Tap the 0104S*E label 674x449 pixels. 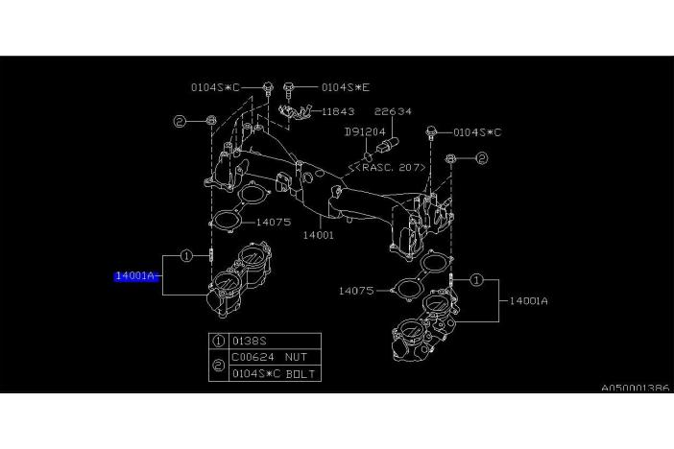coord(344,87)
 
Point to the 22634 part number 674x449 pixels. coord(393,111)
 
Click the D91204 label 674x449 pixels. coord(365,131)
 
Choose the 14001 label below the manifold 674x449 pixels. coord(318,234)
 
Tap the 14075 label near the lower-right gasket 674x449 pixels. coord(356,289)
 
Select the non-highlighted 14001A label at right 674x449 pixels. coord(528,300)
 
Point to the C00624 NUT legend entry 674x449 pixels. coord(265,356)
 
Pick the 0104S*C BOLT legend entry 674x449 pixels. coord(273,372)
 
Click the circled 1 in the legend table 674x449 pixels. coord(219,340)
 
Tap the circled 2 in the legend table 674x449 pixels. coord(219,364)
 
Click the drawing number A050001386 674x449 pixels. coord(636,390)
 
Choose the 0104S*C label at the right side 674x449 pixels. coord(476,131)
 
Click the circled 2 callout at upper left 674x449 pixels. coord(179,121)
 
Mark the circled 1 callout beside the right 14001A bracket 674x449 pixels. coord(476,281)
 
